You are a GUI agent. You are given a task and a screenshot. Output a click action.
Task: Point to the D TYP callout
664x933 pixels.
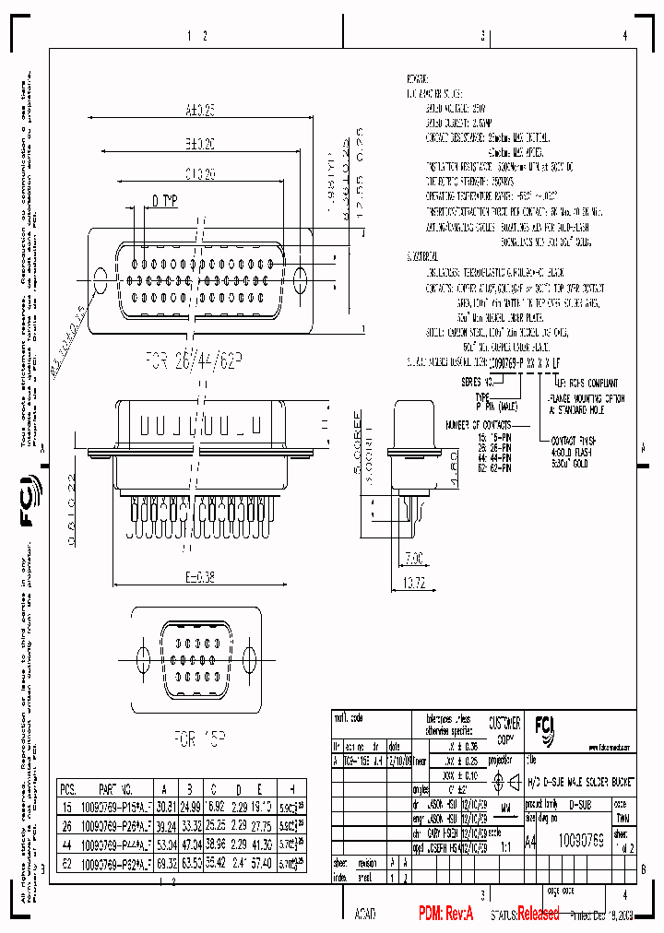click(165, 199)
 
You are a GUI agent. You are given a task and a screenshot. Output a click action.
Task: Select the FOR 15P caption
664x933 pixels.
click(196, 738)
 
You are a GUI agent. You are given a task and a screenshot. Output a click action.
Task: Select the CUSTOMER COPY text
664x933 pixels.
click(504, 730)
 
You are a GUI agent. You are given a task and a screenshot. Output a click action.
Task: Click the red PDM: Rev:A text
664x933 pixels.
click(445, 913)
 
